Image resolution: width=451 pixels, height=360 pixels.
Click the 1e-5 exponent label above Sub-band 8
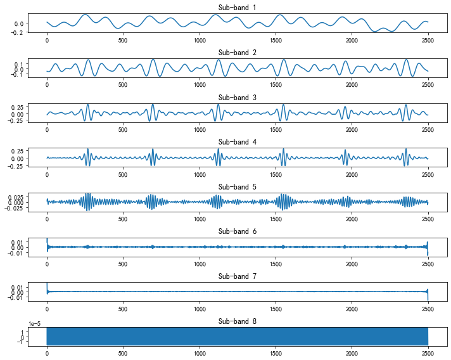34,324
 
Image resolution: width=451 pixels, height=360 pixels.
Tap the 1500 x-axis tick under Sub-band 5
276,219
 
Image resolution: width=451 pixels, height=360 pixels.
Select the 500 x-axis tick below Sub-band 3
123,129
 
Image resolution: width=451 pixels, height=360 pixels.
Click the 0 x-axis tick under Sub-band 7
47,309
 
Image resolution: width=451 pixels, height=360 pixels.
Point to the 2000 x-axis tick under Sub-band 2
352,84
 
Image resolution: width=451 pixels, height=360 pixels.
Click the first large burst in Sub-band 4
88,156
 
